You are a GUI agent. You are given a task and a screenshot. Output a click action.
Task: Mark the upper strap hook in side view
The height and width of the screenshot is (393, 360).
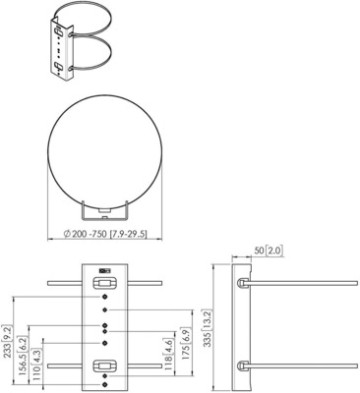click(x=241, y=282)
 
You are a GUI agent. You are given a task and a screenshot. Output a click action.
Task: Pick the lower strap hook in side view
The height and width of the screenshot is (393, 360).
click(x=241, y=367)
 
